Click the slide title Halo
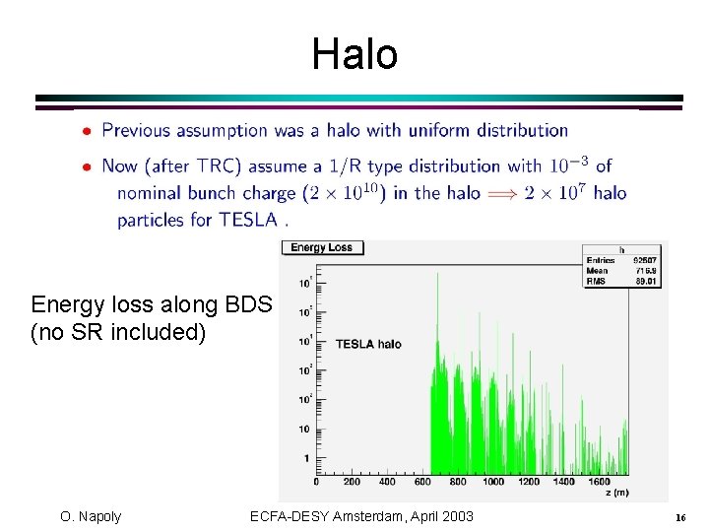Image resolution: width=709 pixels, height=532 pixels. pyautogui.click(x=354, y=54)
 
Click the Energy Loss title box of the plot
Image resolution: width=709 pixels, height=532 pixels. pyautogui.click(x=322, y=248)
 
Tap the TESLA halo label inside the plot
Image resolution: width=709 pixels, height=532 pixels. pyautogui.click(x=368, y=344)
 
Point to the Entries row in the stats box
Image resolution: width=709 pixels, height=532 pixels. pyautogui.click(x=620, y=261)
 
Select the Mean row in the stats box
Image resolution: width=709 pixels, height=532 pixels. pyautogui.click(x=620, y=270)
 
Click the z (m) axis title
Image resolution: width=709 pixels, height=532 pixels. pyautogui.click(x=616, y=493)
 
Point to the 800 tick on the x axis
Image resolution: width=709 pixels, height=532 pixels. pyautogui.click(x=458, y=482)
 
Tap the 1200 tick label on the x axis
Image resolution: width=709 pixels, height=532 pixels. pyautogui.click(x=529, y=482)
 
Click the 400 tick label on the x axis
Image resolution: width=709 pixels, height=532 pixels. pyautogui.click(x=387, y=482)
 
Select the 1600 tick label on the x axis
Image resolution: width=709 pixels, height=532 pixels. pyautogui.click(x=600, y=482)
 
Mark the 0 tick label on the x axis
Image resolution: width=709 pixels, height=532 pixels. pyautogui.click(x=316, y=482)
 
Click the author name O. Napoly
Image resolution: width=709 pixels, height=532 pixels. pyautogui.click(x=91, y=516)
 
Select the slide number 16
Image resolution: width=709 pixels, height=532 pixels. pyautogui.click(x=679, y=518)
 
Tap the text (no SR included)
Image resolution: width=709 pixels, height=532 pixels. pyautogui.click(x=119, y=332)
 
